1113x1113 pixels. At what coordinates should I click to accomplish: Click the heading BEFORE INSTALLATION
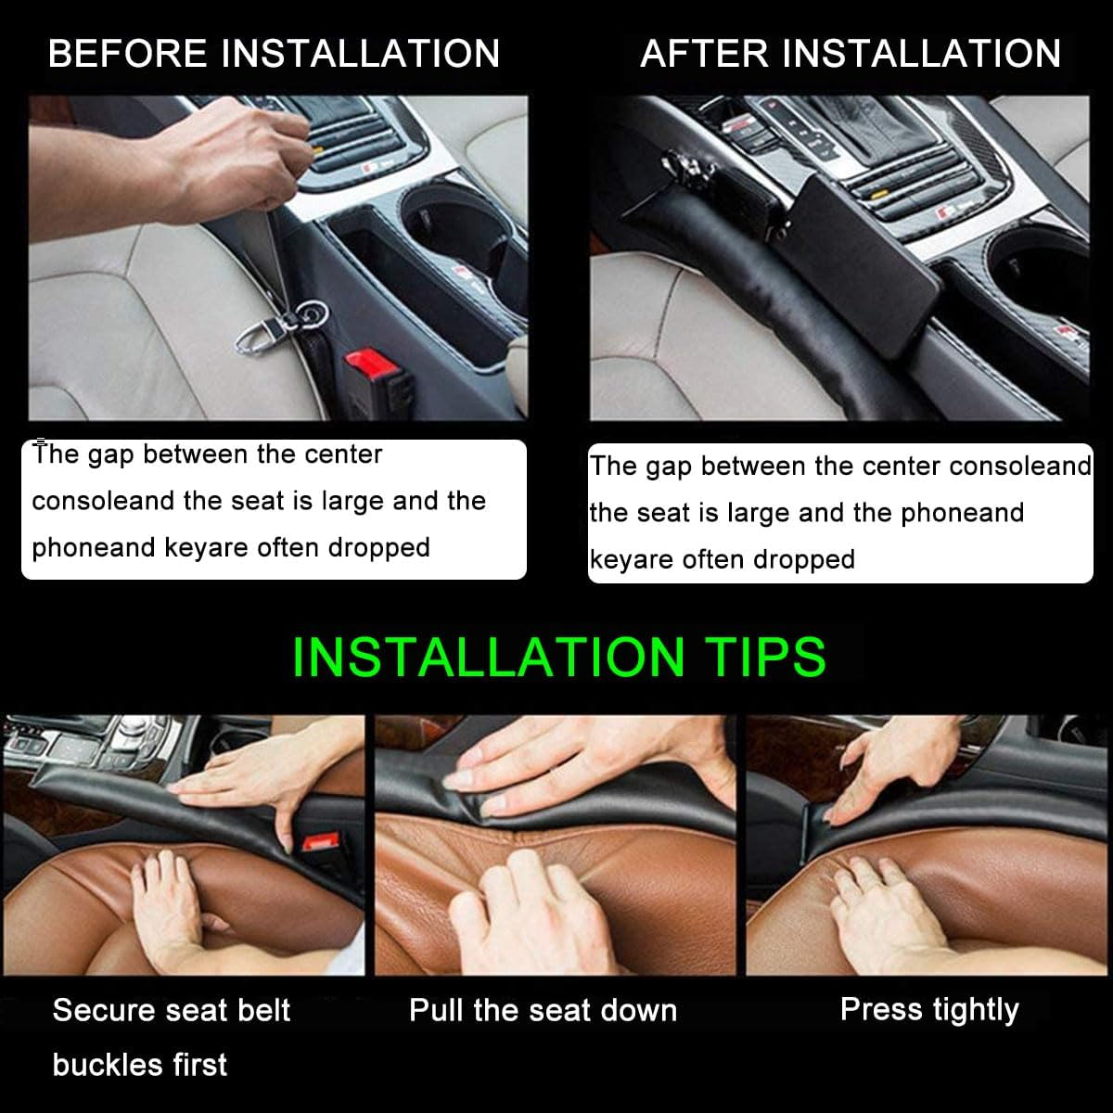(x=274, y=53)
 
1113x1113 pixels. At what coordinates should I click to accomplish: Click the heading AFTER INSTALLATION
(x=851, y=53)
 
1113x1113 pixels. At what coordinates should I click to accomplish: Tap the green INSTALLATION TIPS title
(x=558, y=657)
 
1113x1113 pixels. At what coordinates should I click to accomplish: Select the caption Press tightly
(x=929, y=1009)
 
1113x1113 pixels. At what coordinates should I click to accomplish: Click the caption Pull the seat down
(x=543, y=1010)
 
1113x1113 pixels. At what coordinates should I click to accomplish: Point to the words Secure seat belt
(x=172, y=1010)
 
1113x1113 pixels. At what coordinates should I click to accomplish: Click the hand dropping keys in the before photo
(x=232, y=148)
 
